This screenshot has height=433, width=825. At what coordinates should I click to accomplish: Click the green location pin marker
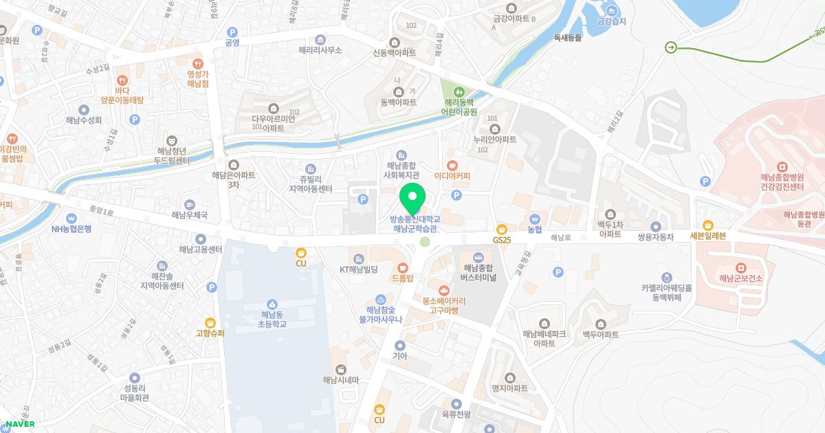pos(412,200)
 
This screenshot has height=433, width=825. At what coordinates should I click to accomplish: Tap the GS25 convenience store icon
pos(503,228)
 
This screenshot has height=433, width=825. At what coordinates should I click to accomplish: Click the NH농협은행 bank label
pos(71,229)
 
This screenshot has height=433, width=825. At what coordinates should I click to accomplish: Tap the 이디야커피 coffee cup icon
pos(452,165)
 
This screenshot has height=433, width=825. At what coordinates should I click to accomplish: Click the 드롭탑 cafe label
pos(402,278)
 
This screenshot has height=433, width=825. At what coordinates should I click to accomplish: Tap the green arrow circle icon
pos(671,47)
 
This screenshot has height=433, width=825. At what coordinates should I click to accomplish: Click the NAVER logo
pos(19,424)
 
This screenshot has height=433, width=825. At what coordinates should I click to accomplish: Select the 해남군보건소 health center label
pos(740,278)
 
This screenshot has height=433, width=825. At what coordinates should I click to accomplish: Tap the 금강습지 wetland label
pos(612,21)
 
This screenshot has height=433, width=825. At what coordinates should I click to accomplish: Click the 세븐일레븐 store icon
pos(708,225)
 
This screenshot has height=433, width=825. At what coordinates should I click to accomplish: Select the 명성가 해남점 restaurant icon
pos(197,63)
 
